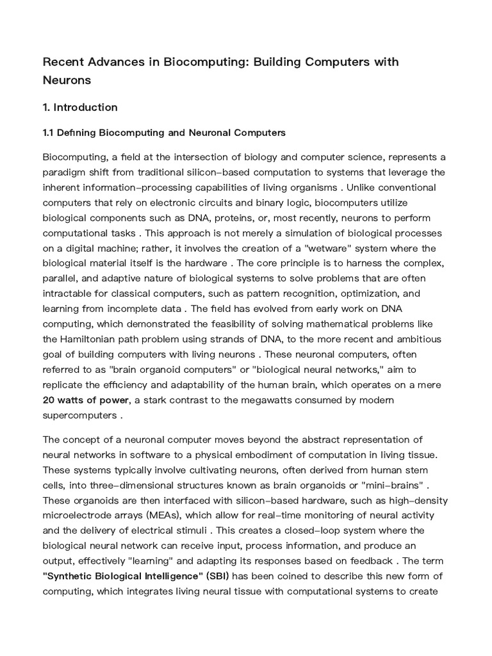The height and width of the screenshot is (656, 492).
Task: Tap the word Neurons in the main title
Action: (x=67, y=80)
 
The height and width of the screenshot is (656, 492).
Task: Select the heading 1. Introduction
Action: (x=79, y=107)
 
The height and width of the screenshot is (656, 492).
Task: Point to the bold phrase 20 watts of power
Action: (x=86, y=400)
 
